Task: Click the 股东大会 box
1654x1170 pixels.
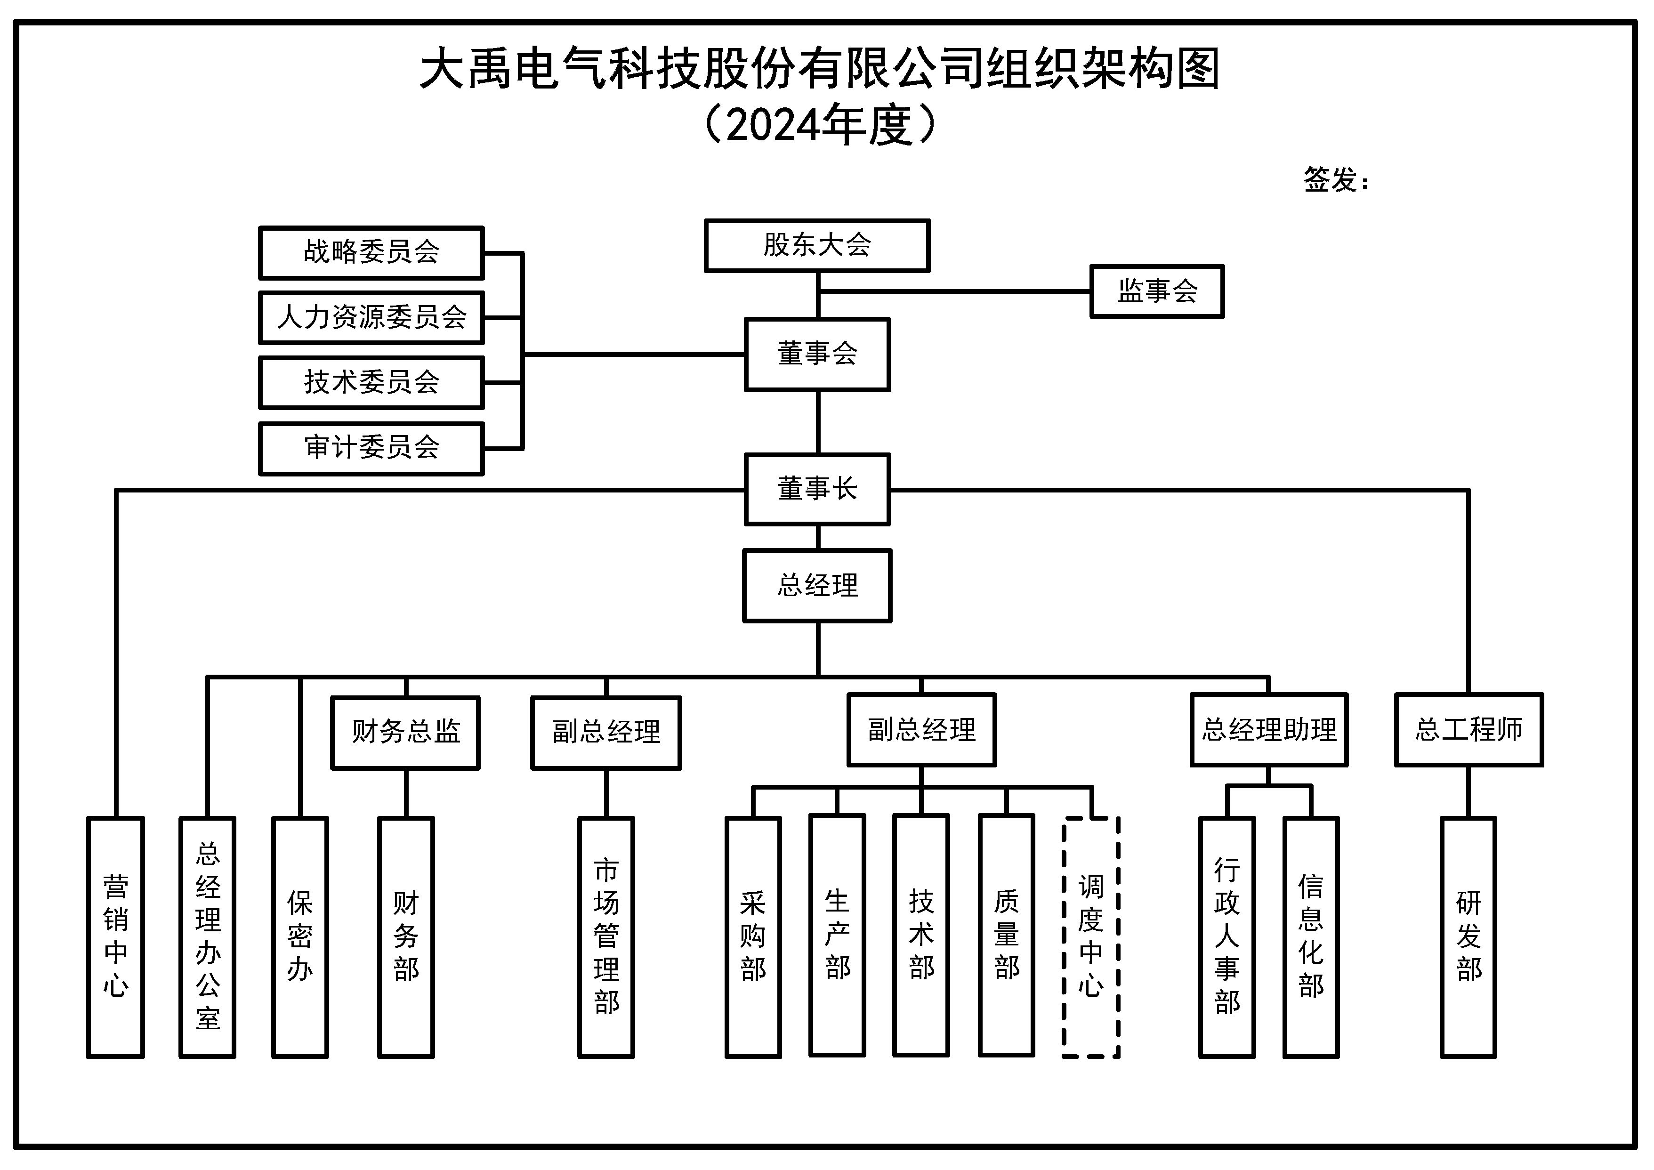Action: (817, 246)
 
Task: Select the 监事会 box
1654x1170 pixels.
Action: (1157, 291)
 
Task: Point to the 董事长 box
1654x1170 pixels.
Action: (817, 489)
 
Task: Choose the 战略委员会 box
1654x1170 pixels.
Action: (371, 252)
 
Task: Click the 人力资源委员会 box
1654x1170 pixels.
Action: (371, 317)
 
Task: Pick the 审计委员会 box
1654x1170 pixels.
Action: (371, 448)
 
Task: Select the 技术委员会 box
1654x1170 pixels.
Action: (371, 382)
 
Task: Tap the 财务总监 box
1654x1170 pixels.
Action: (405, 732)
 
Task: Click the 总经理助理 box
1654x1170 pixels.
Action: (1268, 730)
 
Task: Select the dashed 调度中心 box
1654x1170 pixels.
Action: (1090, 936)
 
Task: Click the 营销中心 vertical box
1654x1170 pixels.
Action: (115, 936)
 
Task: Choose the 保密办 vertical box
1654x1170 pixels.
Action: (300, 936)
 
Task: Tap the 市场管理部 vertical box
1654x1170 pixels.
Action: (606, 936)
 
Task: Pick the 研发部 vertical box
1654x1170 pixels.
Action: (1468, 936)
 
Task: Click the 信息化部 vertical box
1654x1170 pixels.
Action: (1310, 936)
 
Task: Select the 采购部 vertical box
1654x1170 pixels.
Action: (753, 936)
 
